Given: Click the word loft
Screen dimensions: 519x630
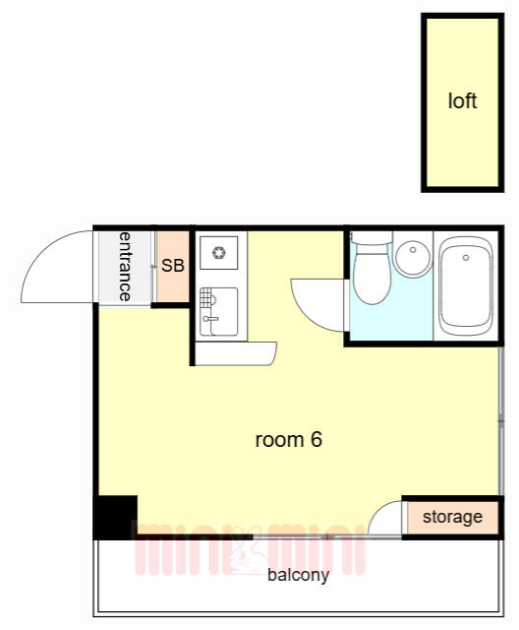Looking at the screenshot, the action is coord(462,100).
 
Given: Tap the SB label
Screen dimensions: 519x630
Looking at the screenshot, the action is coord(173,266).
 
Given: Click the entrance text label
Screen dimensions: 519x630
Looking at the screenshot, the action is coord(125,267).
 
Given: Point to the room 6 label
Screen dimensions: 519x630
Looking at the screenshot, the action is coord(288,440).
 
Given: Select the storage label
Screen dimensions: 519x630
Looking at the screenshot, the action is coord(452,517).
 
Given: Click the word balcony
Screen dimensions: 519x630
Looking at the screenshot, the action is coord(298,575).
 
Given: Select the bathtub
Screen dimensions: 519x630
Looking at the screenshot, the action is coord(465,286).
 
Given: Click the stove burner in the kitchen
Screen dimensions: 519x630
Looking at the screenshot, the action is coord(218,253).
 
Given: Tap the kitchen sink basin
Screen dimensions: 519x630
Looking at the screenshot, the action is coord(218,311).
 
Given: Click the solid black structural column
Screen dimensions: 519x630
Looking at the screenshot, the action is coord(116,517).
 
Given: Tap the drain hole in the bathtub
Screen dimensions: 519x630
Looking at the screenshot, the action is coord(466,258).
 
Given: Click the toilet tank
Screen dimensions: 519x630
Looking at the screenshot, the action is coord(372,237).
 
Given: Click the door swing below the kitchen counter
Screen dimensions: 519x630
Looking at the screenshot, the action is coord(236,353).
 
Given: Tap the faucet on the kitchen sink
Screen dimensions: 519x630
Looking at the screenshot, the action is coord(210,319).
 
